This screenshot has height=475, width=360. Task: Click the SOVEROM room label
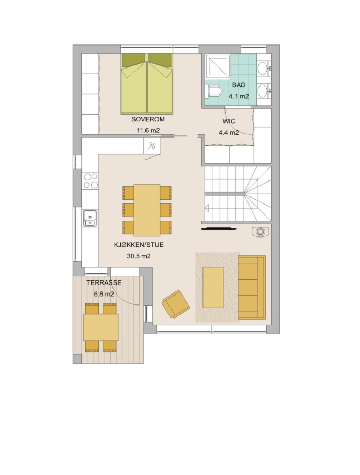[x=148, y=119]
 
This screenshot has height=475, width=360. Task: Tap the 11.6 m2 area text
[x=148, y=131]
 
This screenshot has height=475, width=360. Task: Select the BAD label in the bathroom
[x=239, y=85]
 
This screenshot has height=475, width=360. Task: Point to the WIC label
[x=229, y=121]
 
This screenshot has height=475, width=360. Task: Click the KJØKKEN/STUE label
[x=139, y=245]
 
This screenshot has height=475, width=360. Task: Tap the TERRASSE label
[x=104, y=282]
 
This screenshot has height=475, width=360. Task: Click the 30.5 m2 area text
[x=139, y=256]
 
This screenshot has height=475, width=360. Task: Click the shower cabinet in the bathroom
[x=217, y=66]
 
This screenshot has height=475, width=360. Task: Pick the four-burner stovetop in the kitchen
[x=91, y=181]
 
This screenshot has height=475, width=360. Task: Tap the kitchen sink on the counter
[x=90, y=218]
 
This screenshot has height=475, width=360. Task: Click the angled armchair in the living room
[x=176, y=304]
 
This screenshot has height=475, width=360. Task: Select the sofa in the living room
[x=252, y=287]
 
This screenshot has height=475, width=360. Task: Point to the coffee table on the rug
[x=213, y=287]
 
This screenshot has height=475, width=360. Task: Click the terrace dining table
[x=101, y=327]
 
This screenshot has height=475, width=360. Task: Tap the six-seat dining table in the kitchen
[x=147, y=210]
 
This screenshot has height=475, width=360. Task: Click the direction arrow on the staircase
[x=207, y=208]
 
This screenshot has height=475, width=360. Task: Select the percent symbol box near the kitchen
[x=152, y=146]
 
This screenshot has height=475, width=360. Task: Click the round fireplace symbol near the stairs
[x=260, y=232]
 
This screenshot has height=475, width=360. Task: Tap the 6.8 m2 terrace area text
[x=104, y=294]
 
